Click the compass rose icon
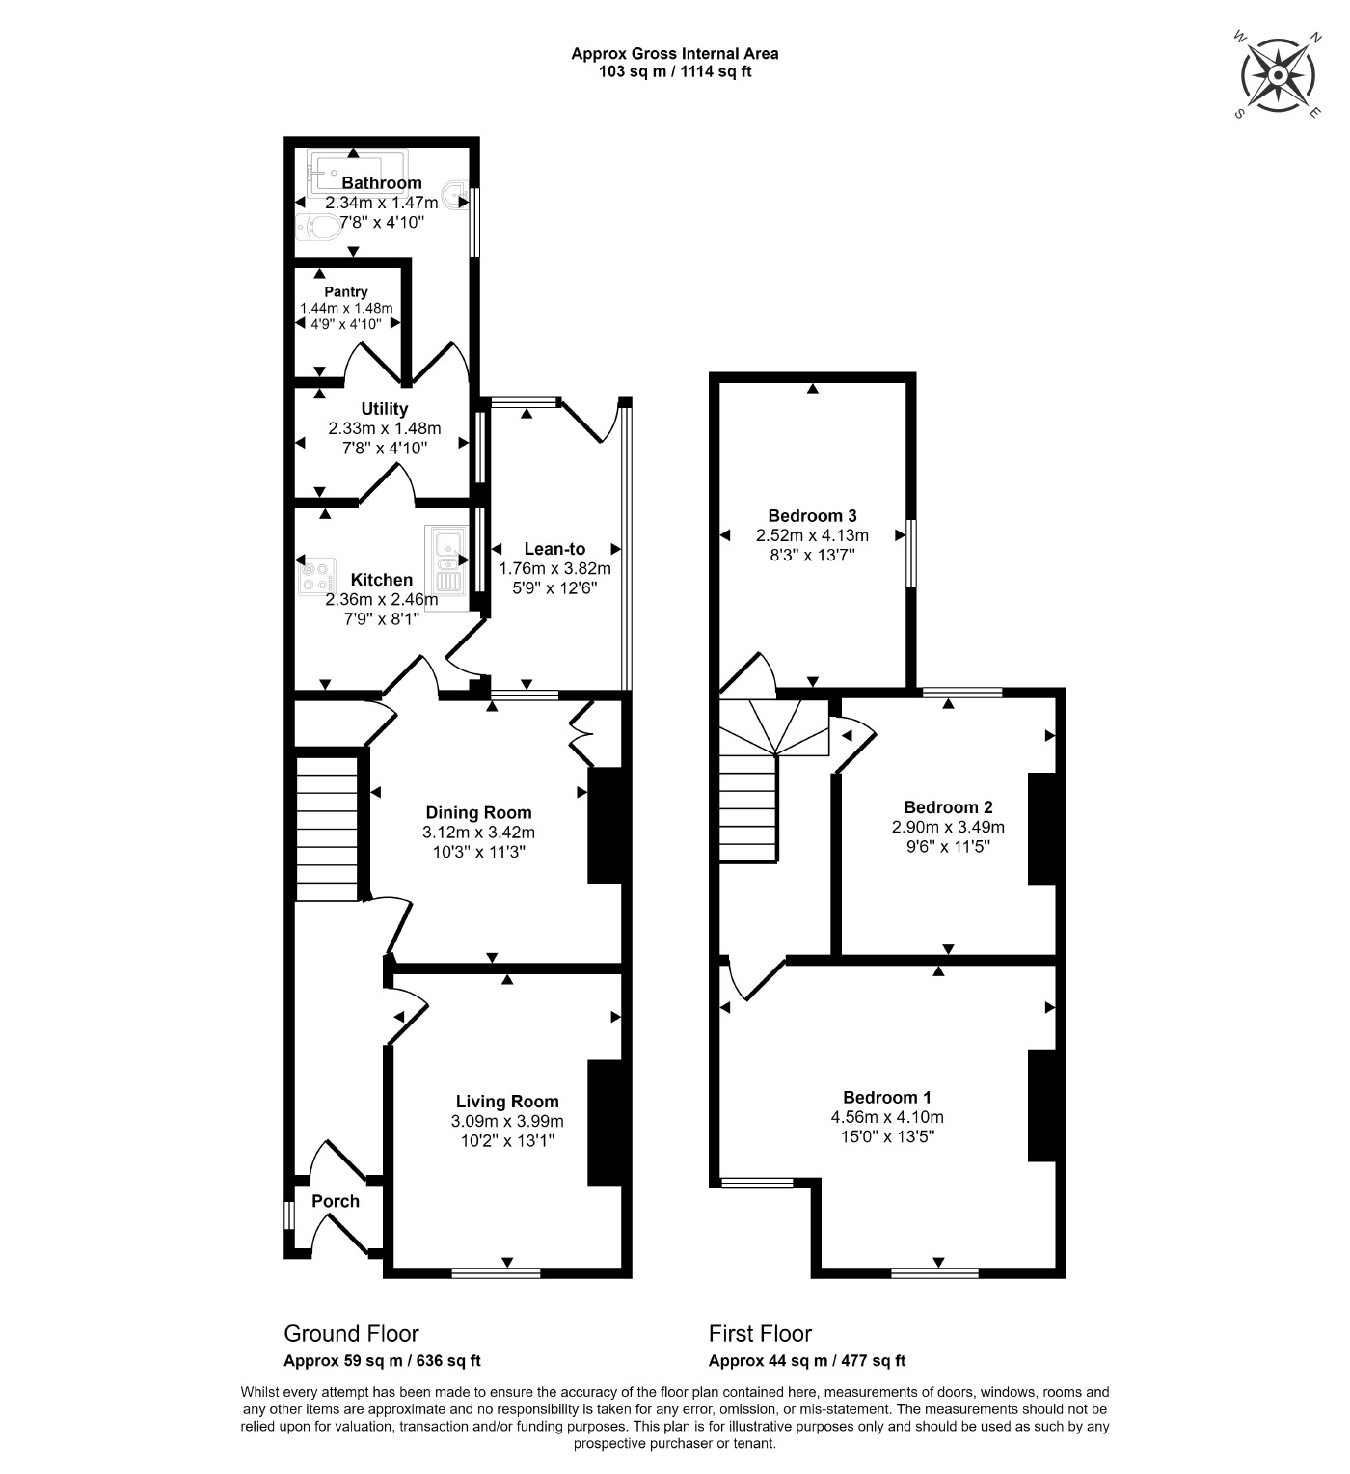1278,75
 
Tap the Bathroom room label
382,183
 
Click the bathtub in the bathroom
358,171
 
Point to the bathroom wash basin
456,195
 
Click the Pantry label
346,292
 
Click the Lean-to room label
554,549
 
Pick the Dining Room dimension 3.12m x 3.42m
478,833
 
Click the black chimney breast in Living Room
605,1122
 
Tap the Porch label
336,1201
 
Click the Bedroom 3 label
812,516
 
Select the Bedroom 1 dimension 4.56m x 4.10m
887,1117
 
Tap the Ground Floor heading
351,1334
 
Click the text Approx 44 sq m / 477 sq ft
806,1361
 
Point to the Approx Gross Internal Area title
674,54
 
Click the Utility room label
385,409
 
